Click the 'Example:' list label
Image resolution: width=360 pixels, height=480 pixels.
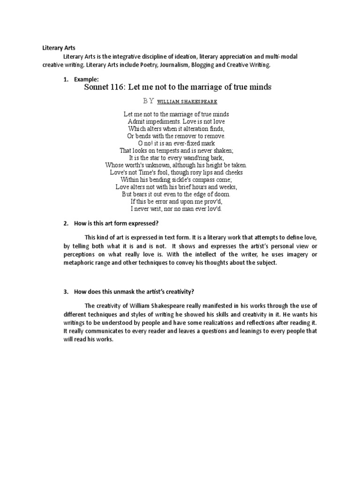pos(87,80)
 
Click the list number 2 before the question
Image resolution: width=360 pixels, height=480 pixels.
pos(65,223)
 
